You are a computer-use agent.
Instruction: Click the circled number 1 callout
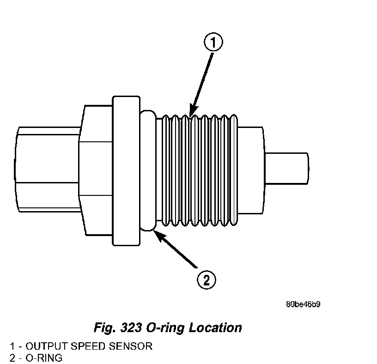click(x=213, y=43)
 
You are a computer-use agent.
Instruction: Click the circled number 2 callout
click(x=206, y=279)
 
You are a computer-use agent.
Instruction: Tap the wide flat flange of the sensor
click(x=126, y=170)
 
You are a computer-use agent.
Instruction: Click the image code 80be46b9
click(x=303, y=304)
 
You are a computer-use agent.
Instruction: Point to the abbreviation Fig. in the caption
click(x=103, y=328)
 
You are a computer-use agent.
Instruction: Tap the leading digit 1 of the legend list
click(x=12, y=346)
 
